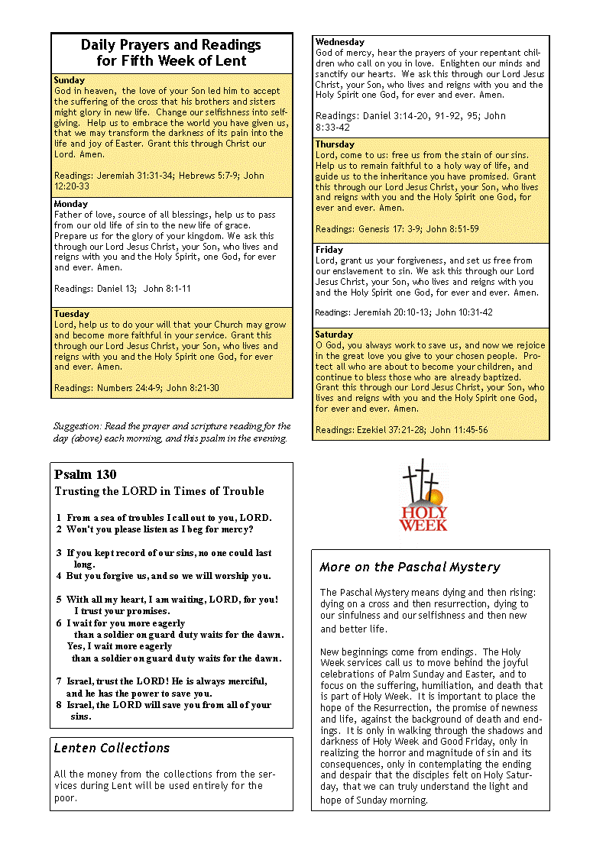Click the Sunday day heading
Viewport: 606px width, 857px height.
point(70,80)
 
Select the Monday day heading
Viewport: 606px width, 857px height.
point(71,204)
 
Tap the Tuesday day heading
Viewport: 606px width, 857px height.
point(72,314)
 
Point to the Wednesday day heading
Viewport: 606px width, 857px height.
point(340,42)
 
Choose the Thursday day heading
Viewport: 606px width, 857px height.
point(335,144)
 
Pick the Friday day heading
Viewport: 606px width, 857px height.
point(329,250)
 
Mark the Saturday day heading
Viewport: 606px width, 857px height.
point(334,335)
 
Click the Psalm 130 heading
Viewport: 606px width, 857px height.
point(86,475)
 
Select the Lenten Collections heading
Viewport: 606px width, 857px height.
point(112,749)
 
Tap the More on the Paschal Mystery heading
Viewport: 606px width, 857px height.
point(410,567)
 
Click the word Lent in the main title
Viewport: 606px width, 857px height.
point(231,61)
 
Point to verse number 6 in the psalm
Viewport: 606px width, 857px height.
point(59,623)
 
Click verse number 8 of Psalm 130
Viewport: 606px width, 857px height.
point(59,705)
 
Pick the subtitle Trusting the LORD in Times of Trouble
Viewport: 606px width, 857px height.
point(159,491)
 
